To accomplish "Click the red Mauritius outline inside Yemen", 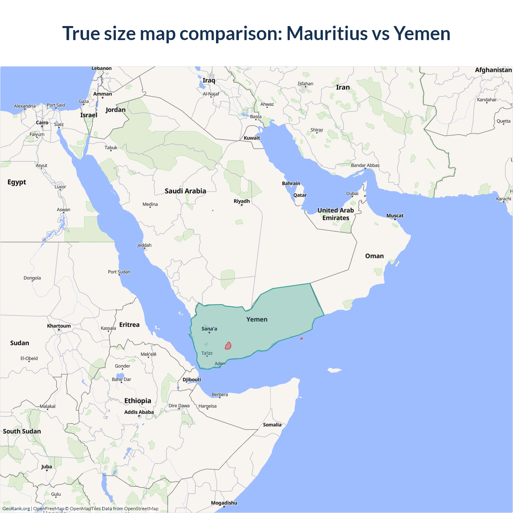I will click(228, 346).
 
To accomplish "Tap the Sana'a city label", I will click(209, 329).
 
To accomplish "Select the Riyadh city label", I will click(242, 201).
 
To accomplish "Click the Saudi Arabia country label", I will click(185, 191).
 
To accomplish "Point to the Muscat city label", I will click(395, 216).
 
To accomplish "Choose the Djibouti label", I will click(192, 380).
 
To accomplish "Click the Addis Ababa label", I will click(139, 412).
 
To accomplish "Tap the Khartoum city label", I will click(59, 326).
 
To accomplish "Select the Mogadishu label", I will click(224, 503).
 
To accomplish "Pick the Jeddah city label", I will click(144, 245).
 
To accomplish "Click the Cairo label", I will click(42, 123).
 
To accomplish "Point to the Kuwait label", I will click(252, 138).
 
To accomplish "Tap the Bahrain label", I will click(291, 184).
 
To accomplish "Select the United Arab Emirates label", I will click(336, 214).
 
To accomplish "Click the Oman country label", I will click(374, 256).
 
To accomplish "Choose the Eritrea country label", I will click(129, 325).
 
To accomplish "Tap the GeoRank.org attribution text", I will click(16, 509).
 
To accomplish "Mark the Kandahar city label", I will click(487, 100).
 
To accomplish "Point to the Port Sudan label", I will click(119, 272).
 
